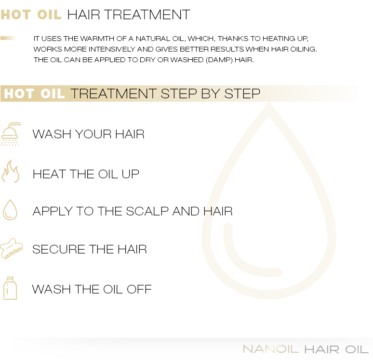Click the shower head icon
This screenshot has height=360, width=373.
click(11, 133)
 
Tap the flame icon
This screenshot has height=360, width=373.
click(11, 172)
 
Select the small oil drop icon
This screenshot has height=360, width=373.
click(10, 210)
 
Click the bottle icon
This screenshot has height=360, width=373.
click(10, 288)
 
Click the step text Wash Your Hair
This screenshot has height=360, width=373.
click(89, 134)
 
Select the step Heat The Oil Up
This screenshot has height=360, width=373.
click(86, 173)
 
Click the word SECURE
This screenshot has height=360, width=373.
click(54, 250)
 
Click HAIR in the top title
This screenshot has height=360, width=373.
click(84, 14)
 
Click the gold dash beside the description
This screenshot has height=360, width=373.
click(10, 38)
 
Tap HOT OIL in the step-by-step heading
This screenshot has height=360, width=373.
click(34, 93)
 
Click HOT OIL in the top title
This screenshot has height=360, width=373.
click(31, 14)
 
